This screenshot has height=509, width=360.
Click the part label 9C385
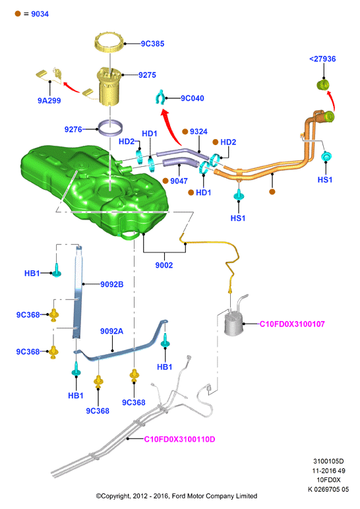pyautogui.click(x=152, y=44)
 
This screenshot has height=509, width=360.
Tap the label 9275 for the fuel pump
pyautogui.click(x=147, y=75)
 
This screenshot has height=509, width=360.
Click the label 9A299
pyautogui.click(x=49, y=101)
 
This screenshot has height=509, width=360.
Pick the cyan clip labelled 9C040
pyautogui.click(x=160, y=98)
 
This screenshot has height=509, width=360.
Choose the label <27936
pyautogui.click(x=322, y=59)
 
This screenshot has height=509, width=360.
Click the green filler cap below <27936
pyautogui.click(x=322, y=84)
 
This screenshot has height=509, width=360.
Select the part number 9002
pyautogui.click(x=164, y=265)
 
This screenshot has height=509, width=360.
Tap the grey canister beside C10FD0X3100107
pyautogui.click(x=233, y=324)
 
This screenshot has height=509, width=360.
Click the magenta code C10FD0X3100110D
pyautogui.click(x=179, y=439)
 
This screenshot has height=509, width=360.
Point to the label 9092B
pyautogui.click(x=111, y=284)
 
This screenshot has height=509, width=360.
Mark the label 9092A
pyautogui.click(x=111, y=331)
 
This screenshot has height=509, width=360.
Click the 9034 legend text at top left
pyautogui.click(x=40, y=14)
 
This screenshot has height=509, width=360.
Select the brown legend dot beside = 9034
pyautogui.click(x=18, y=14)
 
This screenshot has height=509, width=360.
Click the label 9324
pyautogui.click(x=198, y=131)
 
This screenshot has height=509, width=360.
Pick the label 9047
pyautogui.click(x=179, y=181)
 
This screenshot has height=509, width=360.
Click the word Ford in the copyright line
pyautogui.click(x=179, y=496)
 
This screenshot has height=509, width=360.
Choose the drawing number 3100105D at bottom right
pyautogui.click(x=328, y=461)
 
